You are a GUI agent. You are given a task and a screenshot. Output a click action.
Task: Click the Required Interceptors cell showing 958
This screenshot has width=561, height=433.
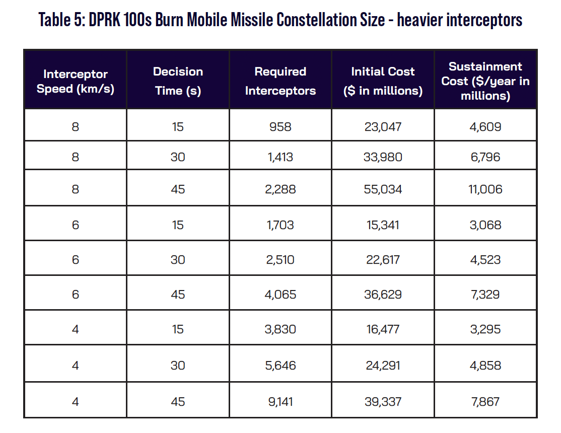pyautogui.click(x=280, y=127)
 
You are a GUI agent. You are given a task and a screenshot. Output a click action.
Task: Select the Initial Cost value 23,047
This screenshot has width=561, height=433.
pyautogui.click(x=383, y=127)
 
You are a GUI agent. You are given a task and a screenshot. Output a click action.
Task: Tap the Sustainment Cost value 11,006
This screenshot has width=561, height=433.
pyautogui.click(x=485, y=189)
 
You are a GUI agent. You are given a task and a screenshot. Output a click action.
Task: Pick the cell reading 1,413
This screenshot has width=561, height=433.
pyautogui.click(x=280, y=157)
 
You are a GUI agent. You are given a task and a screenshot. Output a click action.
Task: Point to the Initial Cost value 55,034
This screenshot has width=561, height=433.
pyautogui.click(x=383, y=189)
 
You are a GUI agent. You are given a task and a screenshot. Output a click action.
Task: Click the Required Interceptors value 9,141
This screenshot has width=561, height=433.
pyautogui.click(x=280, y=401)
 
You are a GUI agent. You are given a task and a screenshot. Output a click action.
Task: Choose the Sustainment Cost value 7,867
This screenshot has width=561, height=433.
pyautogui.click(x=485, y=401)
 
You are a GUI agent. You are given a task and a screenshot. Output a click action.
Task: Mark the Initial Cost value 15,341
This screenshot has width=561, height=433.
pyautogui.click(x=383, y=225)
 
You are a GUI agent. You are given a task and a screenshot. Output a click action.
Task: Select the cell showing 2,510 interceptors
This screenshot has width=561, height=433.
pyautogui.click(x=280, y=259)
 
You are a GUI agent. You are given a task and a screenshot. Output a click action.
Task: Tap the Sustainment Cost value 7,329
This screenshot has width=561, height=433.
pyautogui.click(x=485, y=294)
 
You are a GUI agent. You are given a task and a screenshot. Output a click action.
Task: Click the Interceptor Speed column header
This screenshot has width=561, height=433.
pyautogui.click(x=76, y=81)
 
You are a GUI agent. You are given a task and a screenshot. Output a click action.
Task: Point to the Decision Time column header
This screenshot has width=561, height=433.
pyautogui.click(x=178, y=81)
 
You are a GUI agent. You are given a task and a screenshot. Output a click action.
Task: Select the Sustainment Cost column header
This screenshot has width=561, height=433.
pyautogui.click(x=485, y=81)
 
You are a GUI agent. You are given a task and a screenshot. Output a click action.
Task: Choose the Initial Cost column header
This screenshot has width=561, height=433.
pyautogui.click(x=383, y=81)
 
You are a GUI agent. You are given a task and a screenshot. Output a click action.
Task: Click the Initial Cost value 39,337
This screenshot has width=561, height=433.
pyautogui.click(x=383, y=401)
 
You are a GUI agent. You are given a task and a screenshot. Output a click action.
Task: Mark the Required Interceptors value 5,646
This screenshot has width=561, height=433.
pyautogui.click(x=280, y=366)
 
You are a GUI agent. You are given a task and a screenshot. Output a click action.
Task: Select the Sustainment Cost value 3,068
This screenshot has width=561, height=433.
pyautogui.click(x=485, y=225)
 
